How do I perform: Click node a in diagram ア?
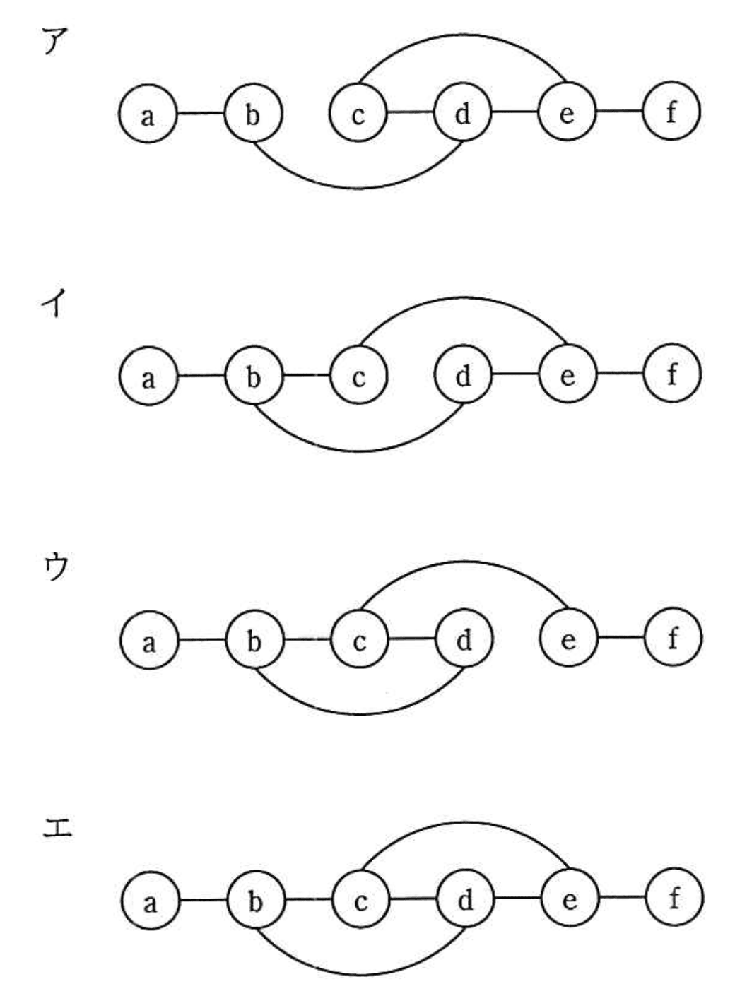tap(148, 114)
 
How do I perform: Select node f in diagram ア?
tap(671, 112)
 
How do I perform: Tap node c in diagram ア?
tap(358, 113)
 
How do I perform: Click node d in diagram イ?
tap(463, 376)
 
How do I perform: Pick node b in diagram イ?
tap(253, 377)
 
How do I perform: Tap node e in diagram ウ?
tap(568, 639)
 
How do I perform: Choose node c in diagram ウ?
tap(359, 641)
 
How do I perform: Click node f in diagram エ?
tap(674, 899)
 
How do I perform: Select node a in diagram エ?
tap(149, 901)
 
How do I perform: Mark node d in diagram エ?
tap(465, 900)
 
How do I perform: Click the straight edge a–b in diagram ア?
tap(200, 113)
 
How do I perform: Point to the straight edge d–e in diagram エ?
tap(517, 899)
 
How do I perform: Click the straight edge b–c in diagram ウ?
tap(307, 640)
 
